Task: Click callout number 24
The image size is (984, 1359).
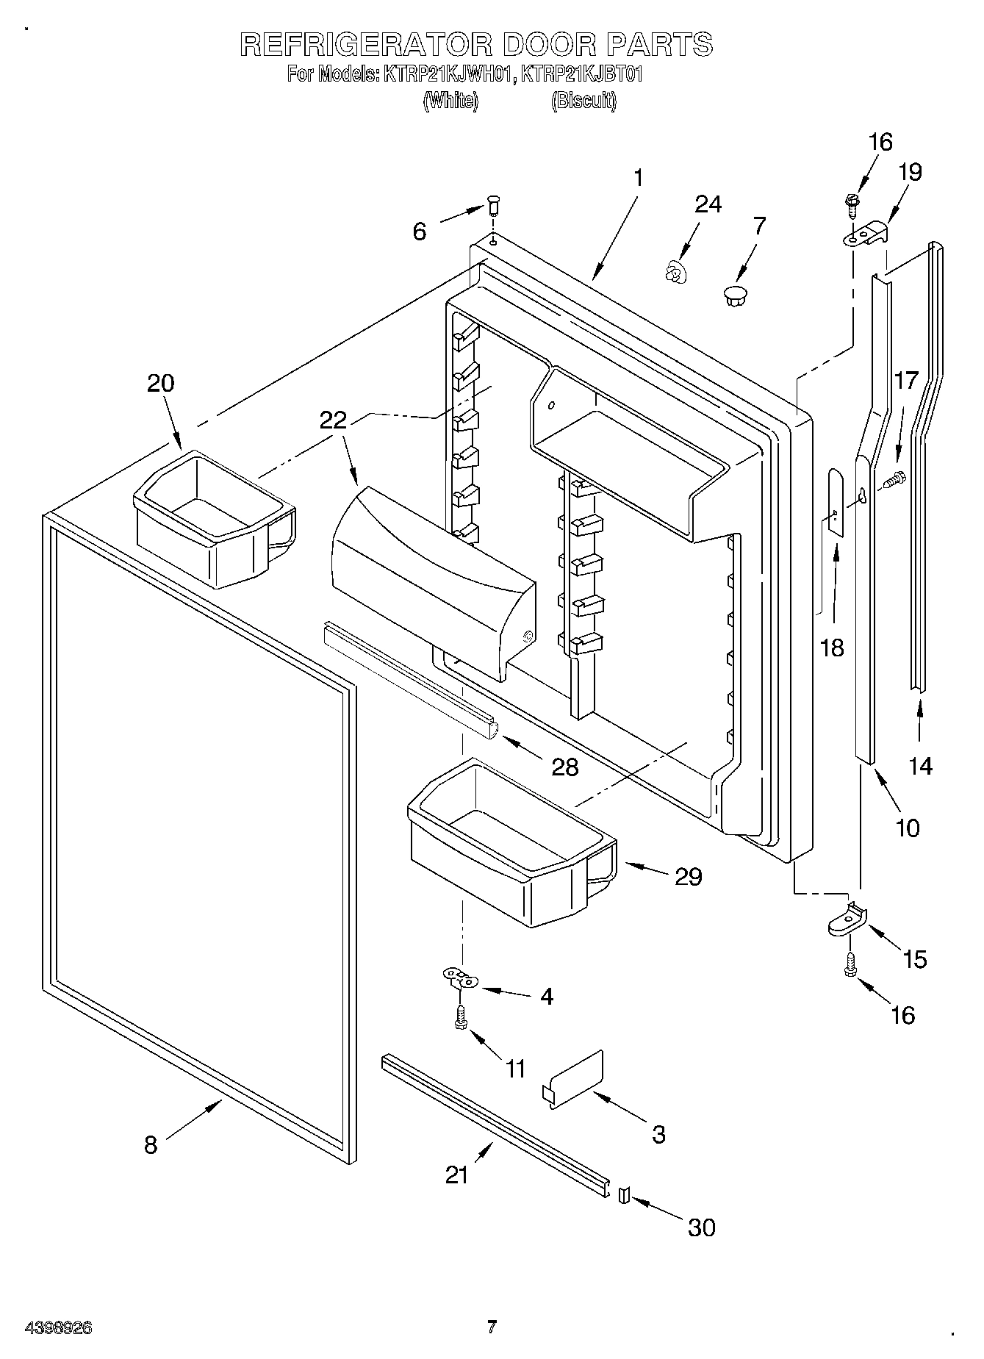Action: tap(708, 204)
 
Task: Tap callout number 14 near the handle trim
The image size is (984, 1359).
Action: tap(919, 766)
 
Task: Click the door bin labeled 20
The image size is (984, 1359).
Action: tap(213, 519)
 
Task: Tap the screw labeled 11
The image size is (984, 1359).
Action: tap(462, 1019)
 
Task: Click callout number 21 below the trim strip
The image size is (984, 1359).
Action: tap(456, 1175)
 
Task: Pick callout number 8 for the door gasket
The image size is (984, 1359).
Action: tap(151, 1144)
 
